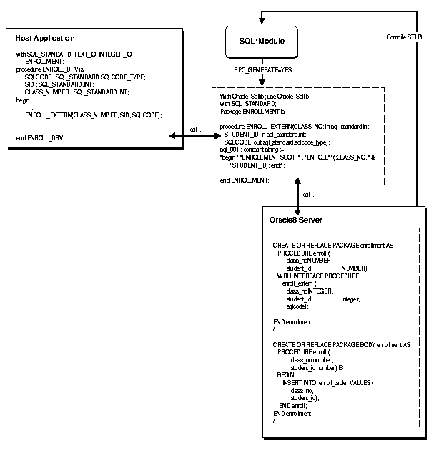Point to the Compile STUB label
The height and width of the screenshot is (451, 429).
tap(404, 37)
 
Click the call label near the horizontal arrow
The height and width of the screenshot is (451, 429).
tap(195, 130)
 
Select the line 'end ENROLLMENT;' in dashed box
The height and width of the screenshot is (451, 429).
tap(245, 179)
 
